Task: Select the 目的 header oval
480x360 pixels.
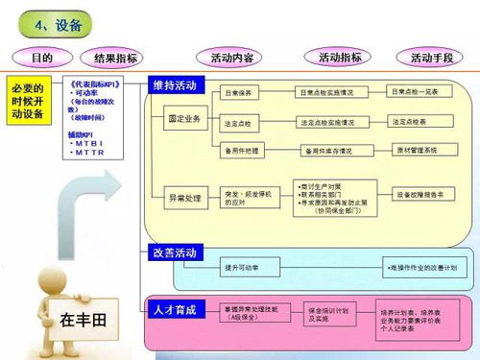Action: (41, 59)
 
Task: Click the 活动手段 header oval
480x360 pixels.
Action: (432, 59)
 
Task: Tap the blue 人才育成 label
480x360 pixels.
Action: (175, 309)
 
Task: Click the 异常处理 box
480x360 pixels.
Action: (184, 196)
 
